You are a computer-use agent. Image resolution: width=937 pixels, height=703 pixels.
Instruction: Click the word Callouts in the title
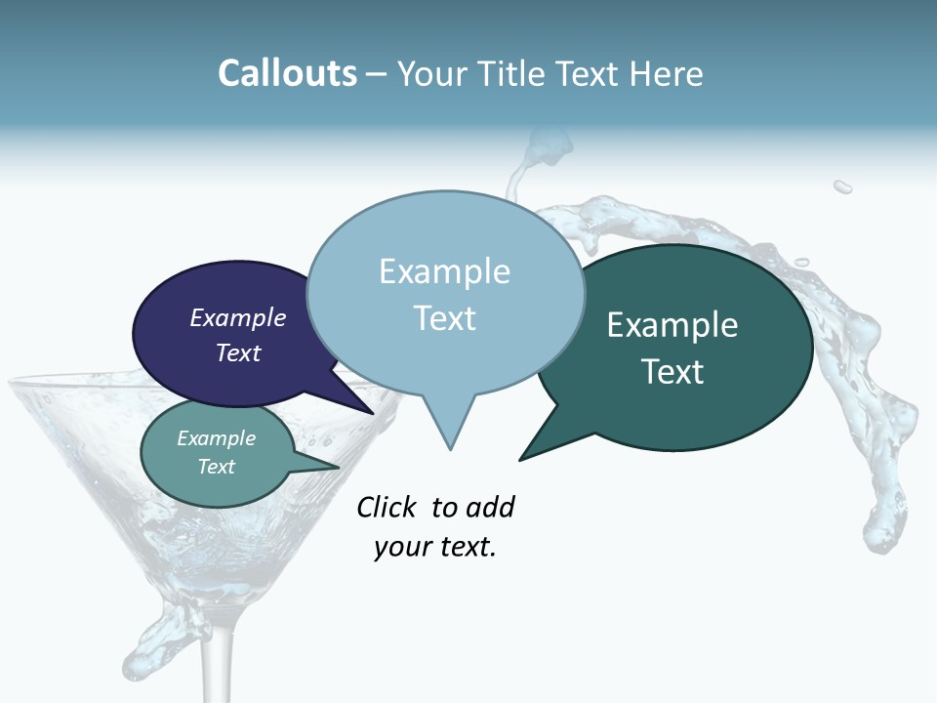click(x=287, y=73)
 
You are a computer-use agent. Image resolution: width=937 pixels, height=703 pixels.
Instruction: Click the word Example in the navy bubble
click(x=238, y=318)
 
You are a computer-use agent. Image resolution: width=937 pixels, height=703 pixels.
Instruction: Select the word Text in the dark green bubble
click(x=672, y=372)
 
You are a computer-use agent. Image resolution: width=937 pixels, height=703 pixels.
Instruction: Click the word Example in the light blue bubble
click(x=444, y=271)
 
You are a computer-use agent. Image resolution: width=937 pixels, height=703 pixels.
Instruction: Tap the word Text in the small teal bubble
click(x=217, y=467)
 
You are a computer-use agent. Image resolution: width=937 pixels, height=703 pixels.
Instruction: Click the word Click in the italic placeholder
click(x=387, y=507)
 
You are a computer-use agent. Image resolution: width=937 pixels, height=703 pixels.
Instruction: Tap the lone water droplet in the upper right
click(x=842, y=186)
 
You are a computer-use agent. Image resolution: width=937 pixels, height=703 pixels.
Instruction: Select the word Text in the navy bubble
click(x=238, y=352)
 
